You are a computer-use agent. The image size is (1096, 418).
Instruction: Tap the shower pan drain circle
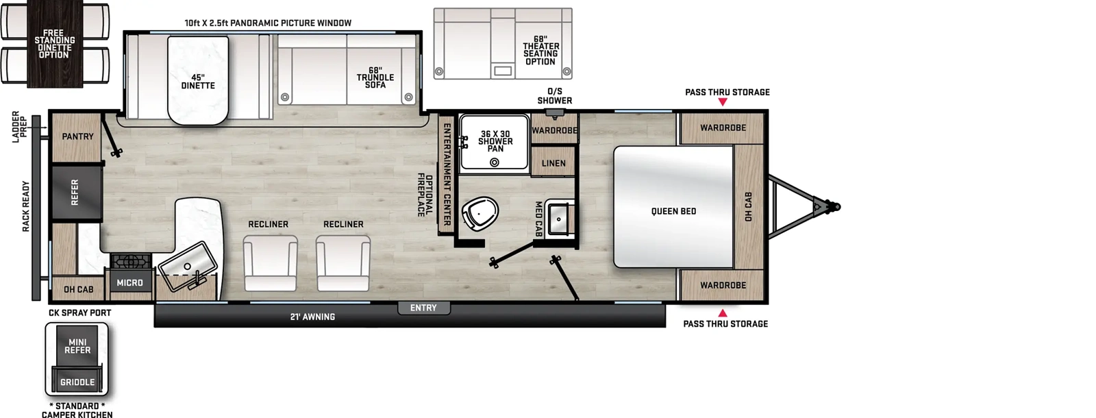click(x=494, y=162)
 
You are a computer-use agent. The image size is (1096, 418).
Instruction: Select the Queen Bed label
click(x=673, y=211)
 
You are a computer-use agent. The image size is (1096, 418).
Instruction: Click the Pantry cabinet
click(x=77, y=136)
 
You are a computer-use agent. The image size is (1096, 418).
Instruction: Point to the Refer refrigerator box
click(x=75, y=193)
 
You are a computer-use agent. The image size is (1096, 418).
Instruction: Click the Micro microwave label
click(x=129, y=282)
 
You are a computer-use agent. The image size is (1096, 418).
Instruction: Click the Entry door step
click(x=423, y=308)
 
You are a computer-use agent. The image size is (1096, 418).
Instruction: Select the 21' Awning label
click(x=312, y=317)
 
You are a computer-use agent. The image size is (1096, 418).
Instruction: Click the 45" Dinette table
click(x=198, y=81)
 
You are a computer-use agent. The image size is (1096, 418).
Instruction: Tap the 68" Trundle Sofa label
click(x=375, y=77)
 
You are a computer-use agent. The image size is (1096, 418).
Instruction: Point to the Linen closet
click(x=553, y=163)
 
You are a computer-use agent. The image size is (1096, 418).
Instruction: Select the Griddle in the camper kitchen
click(x=77, y=382)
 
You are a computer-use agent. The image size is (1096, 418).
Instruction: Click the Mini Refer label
click(x=77, y=346)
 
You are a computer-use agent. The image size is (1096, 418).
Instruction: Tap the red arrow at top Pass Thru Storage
click(x=723, y=102)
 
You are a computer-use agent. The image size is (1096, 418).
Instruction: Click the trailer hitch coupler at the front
click(x=830, y=206)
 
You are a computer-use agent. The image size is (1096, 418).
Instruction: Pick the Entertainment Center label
click(x=447, y=174)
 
